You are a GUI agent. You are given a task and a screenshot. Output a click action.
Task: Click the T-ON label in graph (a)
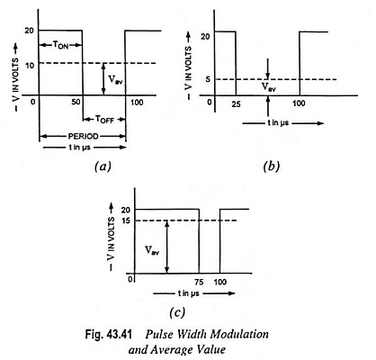point(60,45)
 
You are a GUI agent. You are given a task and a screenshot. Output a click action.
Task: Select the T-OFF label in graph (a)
point(104,119)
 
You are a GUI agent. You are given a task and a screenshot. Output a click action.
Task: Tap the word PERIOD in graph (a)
point(83,137)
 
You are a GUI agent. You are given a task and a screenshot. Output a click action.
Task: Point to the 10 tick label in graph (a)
point(30,65)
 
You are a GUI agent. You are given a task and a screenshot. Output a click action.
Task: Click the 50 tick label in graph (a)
point(76,103)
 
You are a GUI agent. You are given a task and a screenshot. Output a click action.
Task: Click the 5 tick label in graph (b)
point(208,79)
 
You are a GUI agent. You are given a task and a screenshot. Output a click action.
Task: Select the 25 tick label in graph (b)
point(236,104)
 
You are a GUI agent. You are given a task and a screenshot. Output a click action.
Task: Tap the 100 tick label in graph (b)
point(299,103)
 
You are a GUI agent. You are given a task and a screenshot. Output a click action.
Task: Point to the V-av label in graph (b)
point(269,87)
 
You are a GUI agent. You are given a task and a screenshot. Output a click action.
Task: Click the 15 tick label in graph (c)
point(126,220)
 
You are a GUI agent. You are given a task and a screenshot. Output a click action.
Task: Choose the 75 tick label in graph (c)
point(199,282)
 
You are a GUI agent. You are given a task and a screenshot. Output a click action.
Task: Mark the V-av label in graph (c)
point(152,250)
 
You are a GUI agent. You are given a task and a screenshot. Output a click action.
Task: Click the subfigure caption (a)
point(103,166)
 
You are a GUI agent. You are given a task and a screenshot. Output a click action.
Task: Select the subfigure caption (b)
point(271,166)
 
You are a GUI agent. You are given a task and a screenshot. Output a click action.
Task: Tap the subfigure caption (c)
point(177,312)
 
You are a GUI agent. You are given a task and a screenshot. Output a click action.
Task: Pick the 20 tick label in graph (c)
point(126,210)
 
